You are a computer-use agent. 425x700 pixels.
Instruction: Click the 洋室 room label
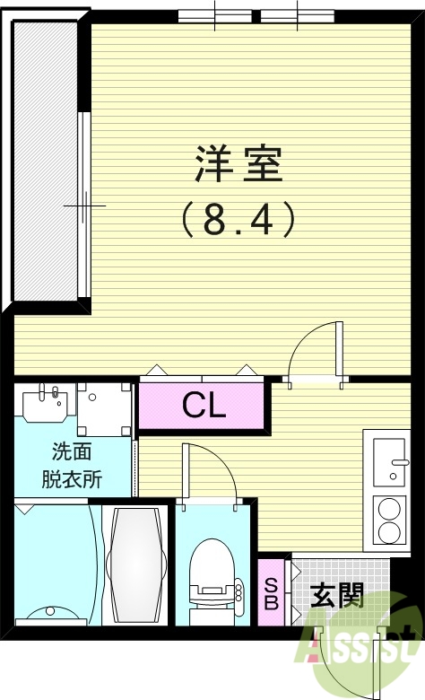coord(239,165)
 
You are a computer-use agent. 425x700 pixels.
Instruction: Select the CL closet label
coord(204,407)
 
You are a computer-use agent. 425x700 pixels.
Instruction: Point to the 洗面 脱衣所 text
coord(72,466)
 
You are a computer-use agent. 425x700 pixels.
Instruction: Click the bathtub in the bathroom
coord(135,565)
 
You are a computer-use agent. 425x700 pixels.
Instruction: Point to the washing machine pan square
coord(103,408)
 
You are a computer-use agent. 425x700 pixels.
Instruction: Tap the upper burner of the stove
coord(390,510)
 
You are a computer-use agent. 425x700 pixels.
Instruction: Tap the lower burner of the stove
coord(390,533)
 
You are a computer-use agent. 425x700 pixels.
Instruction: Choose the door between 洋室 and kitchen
coord(316,354)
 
